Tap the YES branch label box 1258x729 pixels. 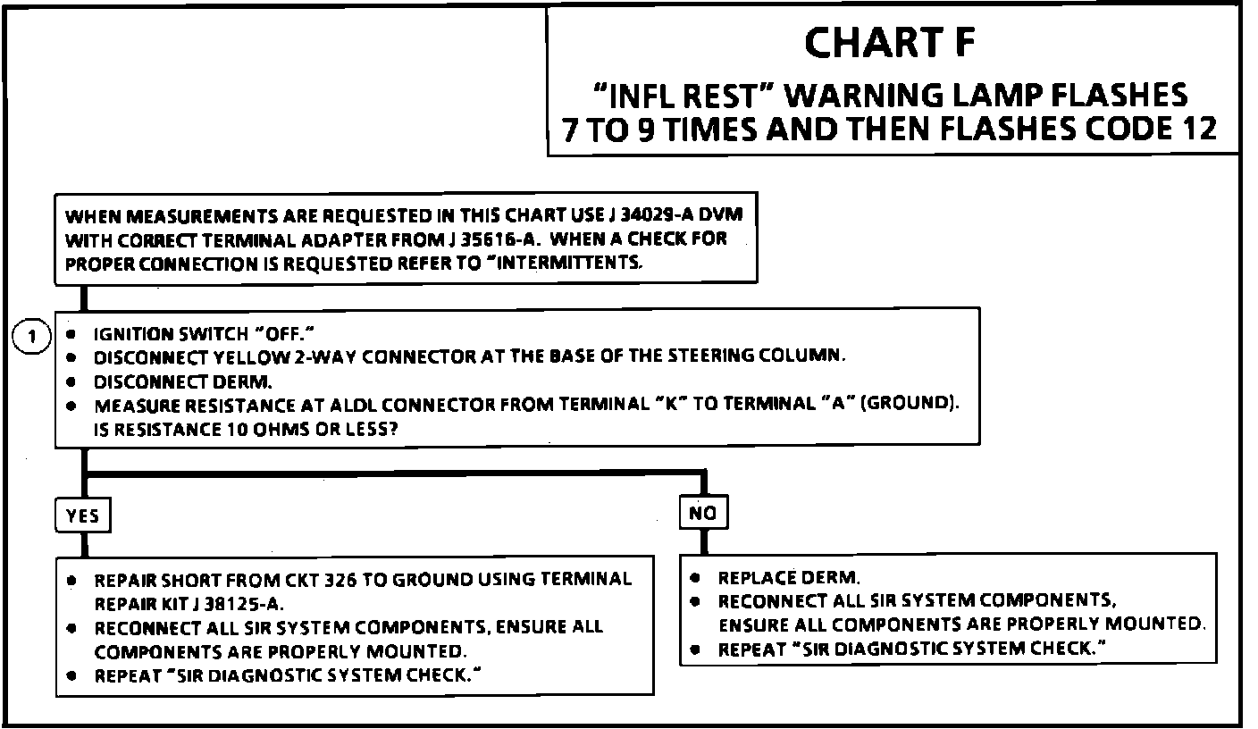pos(82,515)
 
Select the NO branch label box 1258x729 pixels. pos(703,513)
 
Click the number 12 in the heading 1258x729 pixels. pos(1195,129)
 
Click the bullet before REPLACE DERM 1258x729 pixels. pos(695,578)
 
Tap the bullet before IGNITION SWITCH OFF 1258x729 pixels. pos(71,333)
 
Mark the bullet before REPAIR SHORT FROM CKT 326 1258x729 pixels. pos(71,580)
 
